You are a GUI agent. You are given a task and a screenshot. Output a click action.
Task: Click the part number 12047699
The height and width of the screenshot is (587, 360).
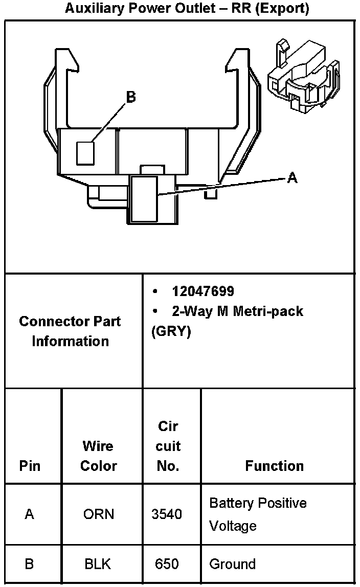[203, 291]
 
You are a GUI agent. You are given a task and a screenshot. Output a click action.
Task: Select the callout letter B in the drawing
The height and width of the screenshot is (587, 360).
[131, 97]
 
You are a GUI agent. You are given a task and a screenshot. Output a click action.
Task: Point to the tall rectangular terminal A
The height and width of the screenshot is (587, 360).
[144, 199]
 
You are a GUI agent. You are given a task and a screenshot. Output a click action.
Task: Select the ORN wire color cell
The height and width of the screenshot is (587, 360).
[99, 514]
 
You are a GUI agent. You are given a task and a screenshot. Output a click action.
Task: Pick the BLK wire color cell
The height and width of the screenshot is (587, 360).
[99, 564]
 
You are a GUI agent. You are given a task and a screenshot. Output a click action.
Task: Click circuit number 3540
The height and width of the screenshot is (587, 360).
[167, 514]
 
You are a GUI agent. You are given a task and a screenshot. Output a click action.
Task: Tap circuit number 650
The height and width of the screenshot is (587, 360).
[167, 564]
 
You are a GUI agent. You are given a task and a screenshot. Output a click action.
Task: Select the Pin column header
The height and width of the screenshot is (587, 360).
[30, 466]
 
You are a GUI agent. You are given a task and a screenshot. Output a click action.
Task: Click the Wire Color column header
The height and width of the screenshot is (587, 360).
[99, 456]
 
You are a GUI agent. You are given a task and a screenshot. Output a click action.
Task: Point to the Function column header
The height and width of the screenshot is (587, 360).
[275, 466]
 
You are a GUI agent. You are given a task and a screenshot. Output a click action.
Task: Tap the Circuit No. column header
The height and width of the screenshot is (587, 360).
[168, 446]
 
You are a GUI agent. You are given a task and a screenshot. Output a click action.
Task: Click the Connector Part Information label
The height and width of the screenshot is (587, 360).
[70, 331]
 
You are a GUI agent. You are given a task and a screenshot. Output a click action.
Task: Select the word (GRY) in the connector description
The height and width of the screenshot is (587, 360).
[171, 331]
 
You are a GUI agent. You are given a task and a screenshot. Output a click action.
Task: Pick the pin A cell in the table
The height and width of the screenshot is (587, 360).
[30, 514]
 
